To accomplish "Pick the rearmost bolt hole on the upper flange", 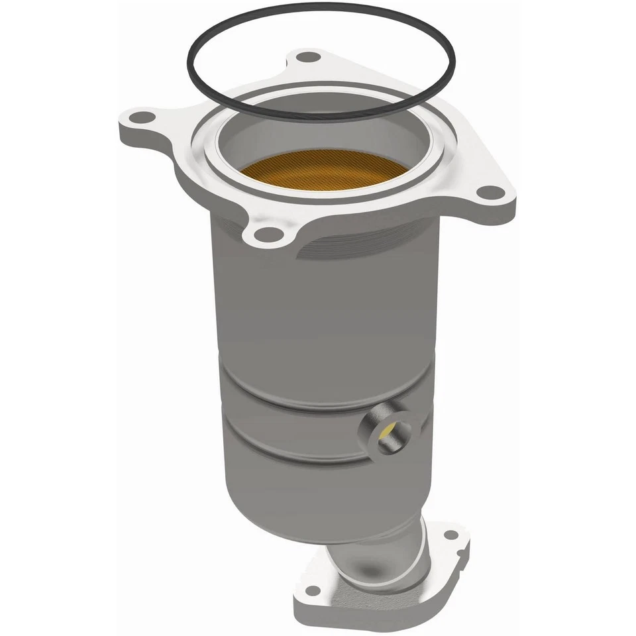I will pos(307,57).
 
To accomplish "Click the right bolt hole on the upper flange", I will pos(491,193).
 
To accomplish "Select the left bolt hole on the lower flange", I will pos(313,590).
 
